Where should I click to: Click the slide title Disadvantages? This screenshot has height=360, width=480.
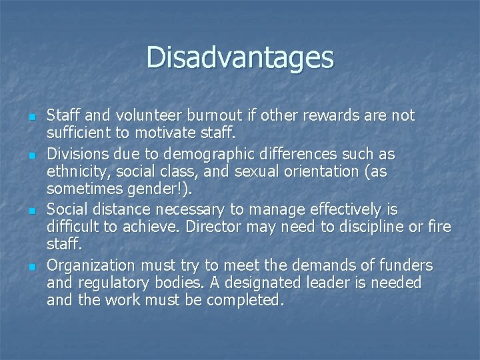coord(240,57)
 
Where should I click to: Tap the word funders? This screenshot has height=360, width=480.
coord(407,265)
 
